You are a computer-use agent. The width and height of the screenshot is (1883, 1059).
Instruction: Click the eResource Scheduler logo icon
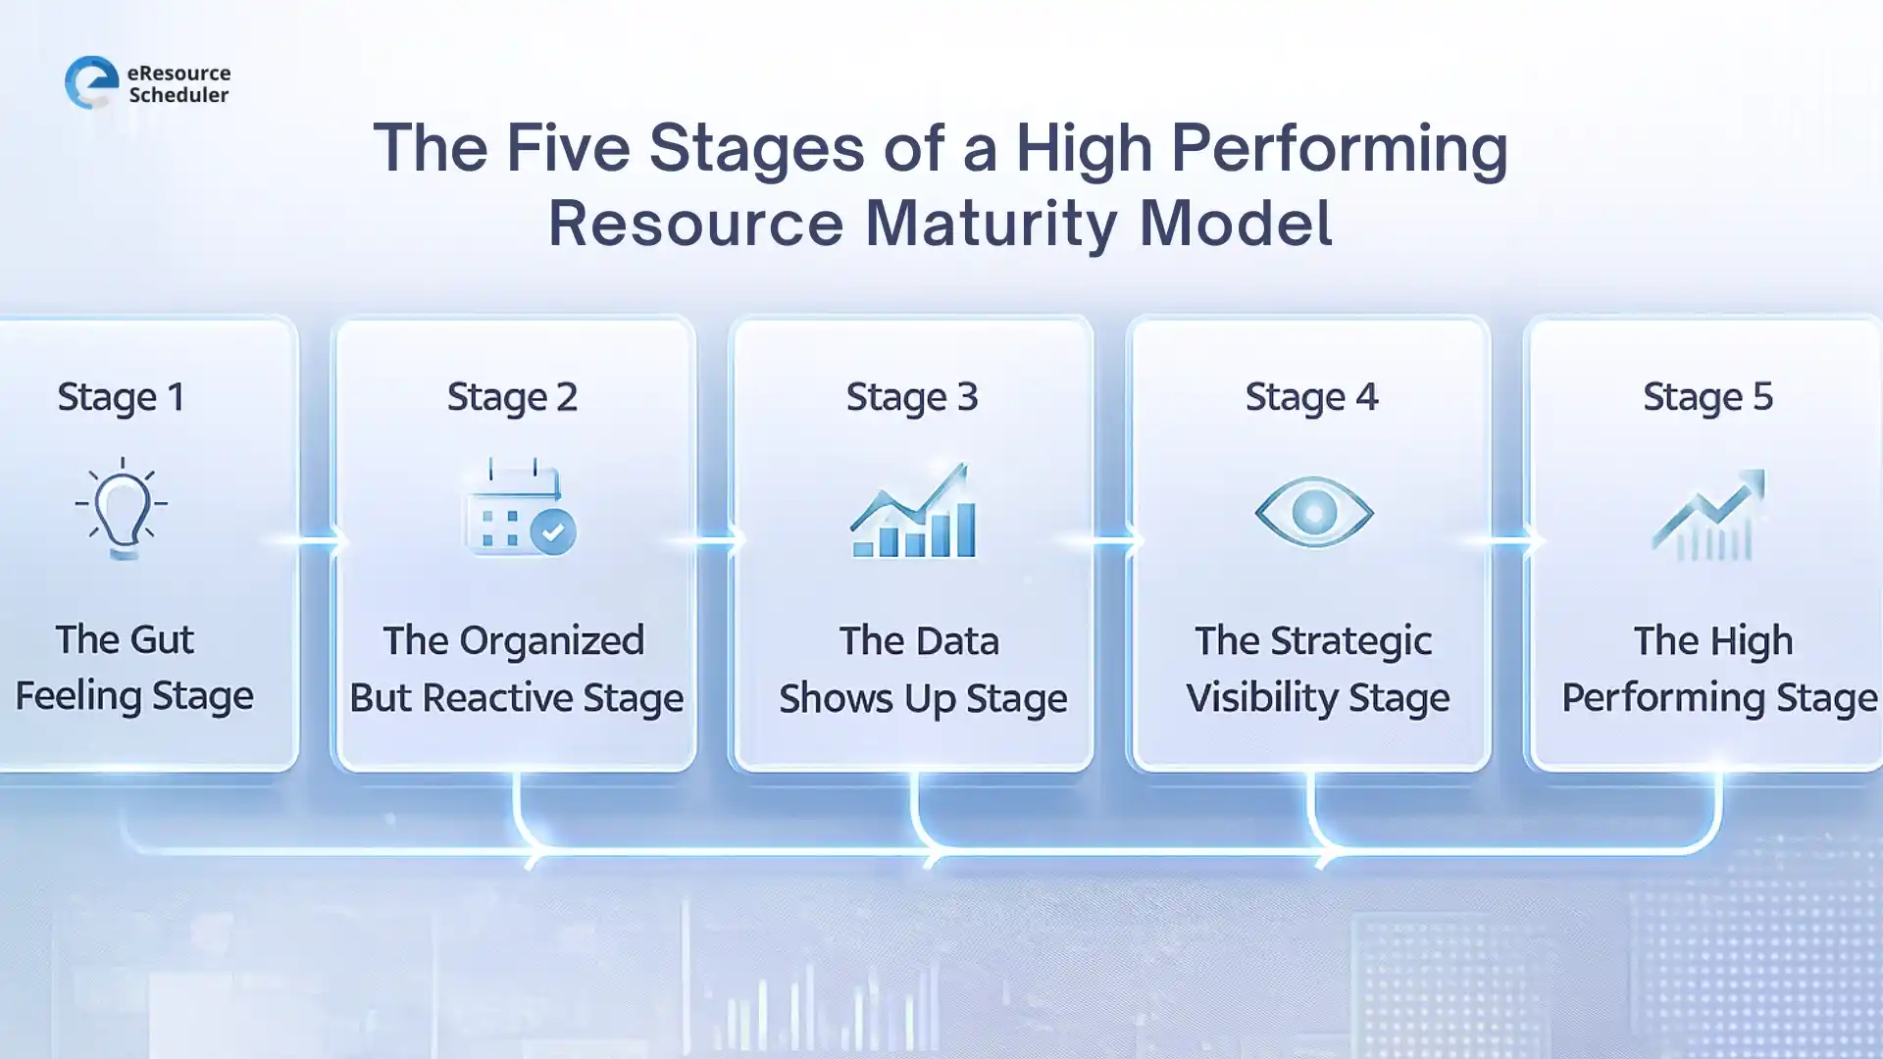tap(91, 82)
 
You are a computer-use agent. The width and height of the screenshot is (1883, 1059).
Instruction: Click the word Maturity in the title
tap(991, 224)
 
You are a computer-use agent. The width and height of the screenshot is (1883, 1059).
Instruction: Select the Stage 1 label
tap(121, 397)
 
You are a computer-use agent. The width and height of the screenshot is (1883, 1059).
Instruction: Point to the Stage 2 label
tap(512, 397)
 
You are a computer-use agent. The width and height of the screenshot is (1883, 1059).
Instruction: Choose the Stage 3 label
tap(911, 397)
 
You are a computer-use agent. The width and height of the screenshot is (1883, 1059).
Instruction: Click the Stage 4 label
tap(1311, 397)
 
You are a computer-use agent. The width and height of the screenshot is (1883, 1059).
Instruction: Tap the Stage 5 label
tap(1707, 397)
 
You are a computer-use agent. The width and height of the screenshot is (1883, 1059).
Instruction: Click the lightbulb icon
tap(122, 508)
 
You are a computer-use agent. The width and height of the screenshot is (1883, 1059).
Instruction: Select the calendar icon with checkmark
tap(519, 508)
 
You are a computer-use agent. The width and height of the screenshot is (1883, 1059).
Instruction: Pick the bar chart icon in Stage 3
tap(913, 512)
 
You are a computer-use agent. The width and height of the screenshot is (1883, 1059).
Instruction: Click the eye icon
tap(1313, 511)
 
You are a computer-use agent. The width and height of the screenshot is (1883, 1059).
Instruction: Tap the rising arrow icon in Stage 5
tap(1709, 514)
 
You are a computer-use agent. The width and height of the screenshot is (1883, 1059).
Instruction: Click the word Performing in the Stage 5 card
tap(1663, 698)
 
